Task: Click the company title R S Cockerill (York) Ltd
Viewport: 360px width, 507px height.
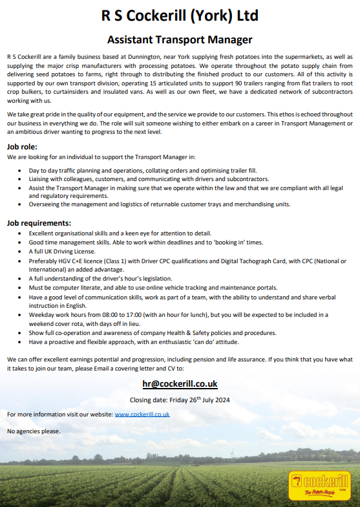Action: [180, 16]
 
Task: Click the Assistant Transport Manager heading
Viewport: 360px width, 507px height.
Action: [180, 40]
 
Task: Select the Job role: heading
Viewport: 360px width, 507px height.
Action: [26, 146]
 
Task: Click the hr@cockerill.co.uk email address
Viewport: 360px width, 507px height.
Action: [180, 383]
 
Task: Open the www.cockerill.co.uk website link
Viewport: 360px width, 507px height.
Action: [142, 414]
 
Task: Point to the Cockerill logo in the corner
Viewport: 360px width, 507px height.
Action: [319, 484]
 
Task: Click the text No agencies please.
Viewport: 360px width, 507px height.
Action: [34, 431]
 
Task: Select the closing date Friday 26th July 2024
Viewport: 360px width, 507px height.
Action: [180, 400]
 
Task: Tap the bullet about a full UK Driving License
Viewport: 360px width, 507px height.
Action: [62, 251]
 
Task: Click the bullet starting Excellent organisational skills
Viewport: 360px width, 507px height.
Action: [120, 233]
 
